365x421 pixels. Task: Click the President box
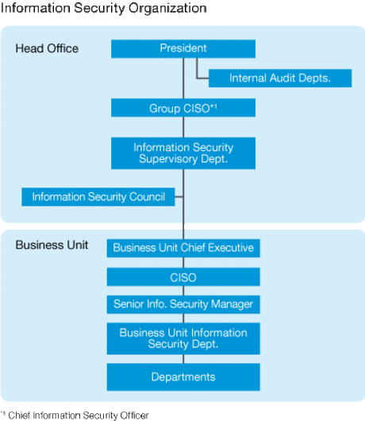pos(183,48)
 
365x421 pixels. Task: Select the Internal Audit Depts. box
pos(280,78)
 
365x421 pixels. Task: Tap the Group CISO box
pos(183,108)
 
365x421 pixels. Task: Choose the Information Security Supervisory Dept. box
pos(183,153)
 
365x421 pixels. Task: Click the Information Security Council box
pos(98,197)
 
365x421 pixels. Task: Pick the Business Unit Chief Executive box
pos(183,248)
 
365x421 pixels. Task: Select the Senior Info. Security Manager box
pos(183,304)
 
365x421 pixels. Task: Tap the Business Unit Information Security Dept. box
pos(183,338)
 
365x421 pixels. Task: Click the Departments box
pos(183,377)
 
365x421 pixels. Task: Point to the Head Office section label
pos(47,48)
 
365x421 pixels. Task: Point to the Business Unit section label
pos(52,245)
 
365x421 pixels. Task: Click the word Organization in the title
pos(167,8)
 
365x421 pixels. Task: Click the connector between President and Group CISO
pos(183,78)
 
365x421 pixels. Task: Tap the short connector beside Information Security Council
pos(179,197)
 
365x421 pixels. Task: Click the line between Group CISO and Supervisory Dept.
pos(183,127)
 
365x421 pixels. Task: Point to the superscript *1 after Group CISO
pos(213,106)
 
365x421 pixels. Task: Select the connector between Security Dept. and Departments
pos(183,359)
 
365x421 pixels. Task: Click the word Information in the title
pos(36,8)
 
